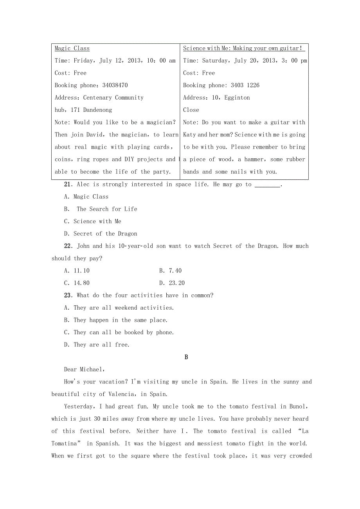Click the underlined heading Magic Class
[72, 48]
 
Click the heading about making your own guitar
[243, 48]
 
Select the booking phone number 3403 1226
[245, 85]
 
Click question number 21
[68, 185]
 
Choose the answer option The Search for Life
[107, 209]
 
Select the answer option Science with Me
[97, 221]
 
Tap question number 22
[68, 246]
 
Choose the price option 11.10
[81, 271]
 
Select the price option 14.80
[81, 283]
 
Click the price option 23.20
[176, 283]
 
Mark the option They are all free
[101, 345]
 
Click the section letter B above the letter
[186, 357]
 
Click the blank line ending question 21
[267, 185]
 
